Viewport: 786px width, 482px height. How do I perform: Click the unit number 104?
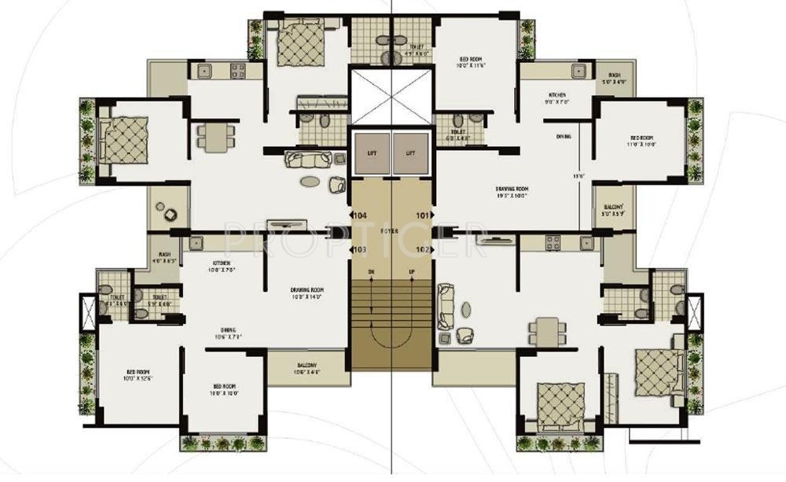(x=361, y=215)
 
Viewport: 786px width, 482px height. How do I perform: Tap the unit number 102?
(x=422, y=250)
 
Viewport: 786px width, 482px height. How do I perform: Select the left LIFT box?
(x=371, y=153)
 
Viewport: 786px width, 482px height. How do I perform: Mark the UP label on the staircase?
(x=413, y=272)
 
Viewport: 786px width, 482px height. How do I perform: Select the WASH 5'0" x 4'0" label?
(x=614, y=78)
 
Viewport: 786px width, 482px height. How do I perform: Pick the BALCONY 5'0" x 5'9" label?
(x=613, y=211)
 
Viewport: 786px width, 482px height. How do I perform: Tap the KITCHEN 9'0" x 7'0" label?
(x=557, y=98)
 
